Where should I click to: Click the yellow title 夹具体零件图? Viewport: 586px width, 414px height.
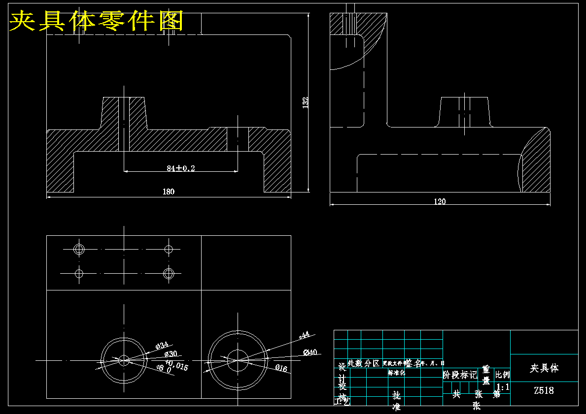click(97, 21)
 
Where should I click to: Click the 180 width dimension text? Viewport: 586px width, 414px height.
click(169, 191)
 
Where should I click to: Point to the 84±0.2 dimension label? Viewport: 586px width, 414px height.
click(180, 168)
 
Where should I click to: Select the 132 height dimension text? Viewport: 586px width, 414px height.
click(305, 102)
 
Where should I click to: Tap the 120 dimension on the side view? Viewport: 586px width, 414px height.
click(439, 201)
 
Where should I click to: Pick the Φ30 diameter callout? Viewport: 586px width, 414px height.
click(171, 354)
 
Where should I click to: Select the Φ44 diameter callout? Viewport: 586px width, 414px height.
click(304, 335)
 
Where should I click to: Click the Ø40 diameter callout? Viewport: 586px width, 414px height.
click(310, 352)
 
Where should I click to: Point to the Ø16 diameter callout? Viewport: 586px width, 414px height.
click(281, 368)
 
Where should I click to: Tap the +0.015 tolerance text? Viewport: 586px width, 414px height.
click(177, 365)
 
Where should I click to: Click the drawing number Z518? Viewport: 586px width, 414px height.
click(544, 391)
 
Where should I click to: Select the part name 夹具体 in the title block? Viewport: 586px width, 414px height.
click(544, 368)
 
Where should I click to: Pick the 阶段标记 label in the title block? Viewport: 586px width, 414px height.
click(460, 375)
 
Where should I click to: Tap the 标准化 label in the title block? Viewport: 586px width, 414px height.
click(396, 373)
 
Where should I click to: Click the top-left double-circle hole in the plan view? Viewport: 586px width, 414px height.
click(79, 249)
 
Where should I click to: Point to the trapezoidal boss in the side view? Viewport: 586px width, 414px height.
click(464, 112)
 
